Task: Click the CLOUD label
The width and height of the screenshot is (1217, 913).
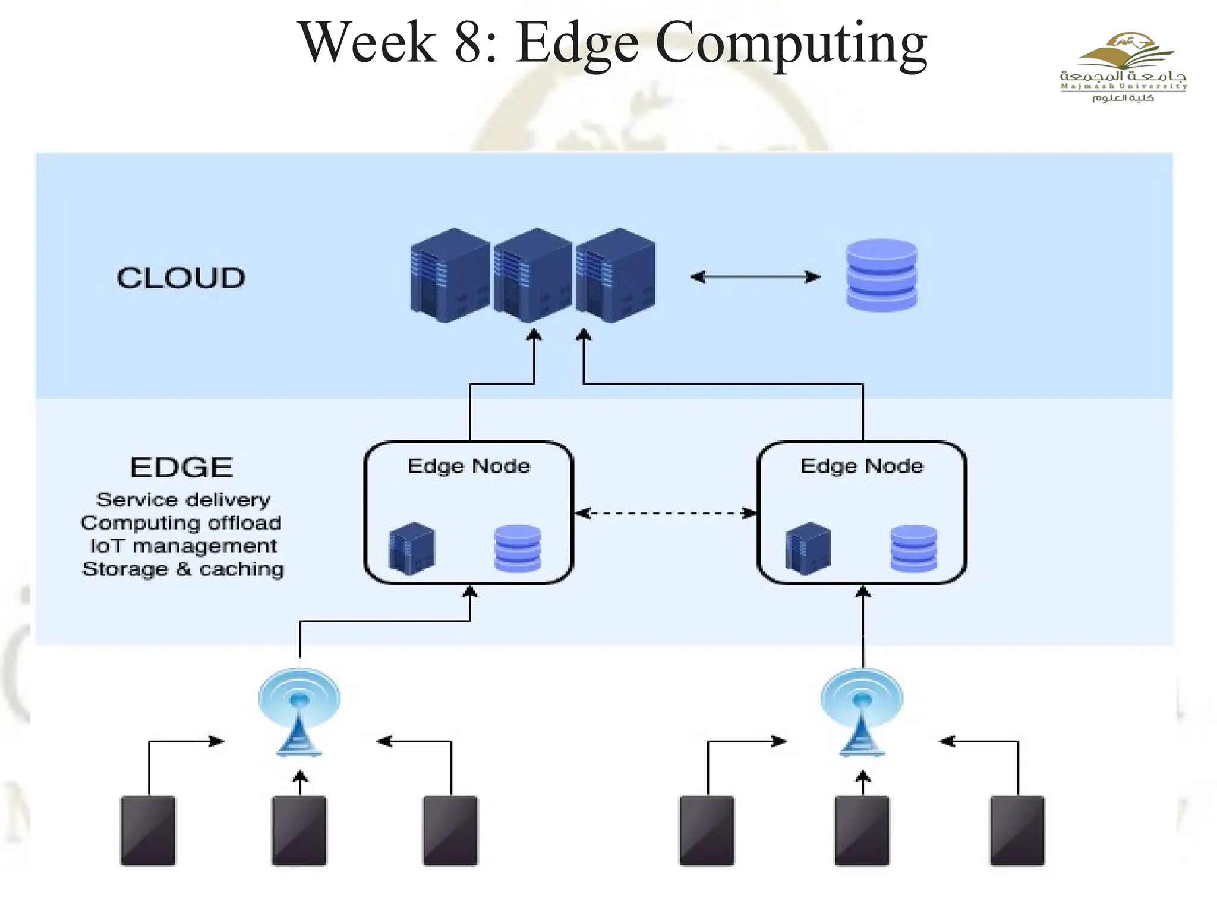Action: tap(181, 278)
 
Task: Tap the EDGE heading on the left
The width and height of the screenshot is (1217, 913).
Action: tap(181, 467)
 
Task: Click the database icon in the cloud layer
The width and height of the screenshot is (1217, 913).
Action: tap(881, 275)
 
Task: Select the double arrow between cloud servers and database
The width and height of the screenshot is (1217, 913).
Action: tap(755, 277)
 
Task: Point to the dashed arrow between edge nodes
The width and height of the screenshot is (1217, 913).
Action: tap(666, 513)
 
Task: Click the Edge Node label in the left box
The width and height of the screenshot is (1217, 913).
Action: tap(468, 465)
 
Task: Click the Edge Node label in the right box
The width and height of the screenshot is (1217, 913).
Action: tap(862, 465)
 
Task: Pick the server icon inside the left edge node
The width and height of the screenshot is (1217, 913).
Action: tap(412, 548)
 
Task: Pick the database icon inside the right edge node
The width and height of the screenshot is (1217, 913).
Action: tap(913, 548)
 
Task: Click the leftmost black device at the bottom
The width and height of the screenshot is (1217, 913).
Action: tap(148, 830)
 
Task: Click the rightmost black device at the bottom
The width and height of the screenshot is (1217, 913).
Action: tap(1017, 830)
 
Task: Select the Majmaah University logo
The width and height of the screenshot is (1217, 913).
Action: tap(1122, 67)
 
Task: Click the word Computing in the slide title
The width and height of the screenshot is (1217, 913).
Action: tap(791, 43)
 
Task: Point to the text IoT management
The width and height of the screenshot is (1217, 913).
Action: tap(183, 546)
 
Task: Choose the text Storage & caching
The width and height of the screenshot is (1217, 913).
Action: tap(183, 569)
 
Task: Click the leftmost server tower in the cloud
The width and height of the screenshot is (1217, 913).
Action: tap(450, 275)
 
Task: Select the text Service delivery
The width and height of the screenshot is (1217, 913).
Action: tap(183, 499)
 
